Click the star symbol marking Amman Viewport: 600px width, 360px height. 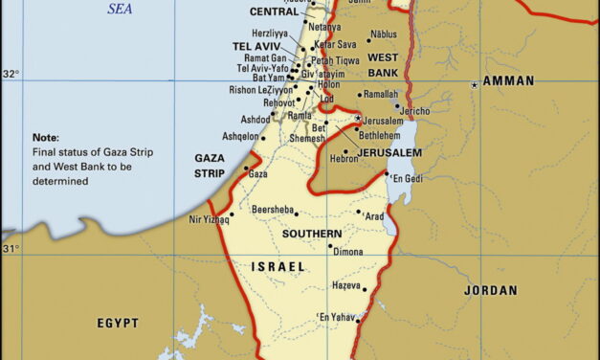click(x=474, y=85)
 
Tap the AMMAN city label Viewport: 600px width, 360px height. click(x=508, y=81)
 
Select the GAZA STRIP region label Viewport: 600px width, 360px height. click(x=210, y=163)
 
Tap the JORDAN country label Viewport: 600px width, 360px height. click(x=490, y=290)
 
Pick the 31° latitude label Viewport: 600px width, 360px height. click(x=10, y=249)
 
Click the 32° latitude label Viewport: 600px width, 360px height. click(x=10, y=73)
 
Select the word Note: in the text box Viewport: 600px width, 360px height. click(x=45, y=138)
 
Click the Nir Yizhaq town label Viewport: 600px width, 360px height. click(x=208, y=219)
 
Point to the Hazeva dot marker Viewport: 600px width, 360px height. click(x=364, y=288)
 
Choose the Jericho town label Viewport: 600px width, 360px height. click(x=414, y=111)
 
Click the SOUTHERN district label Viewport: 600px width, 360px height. click(x=312, y=234)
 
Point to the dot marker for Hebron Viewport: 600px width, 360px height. click(x=345, y=151)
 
